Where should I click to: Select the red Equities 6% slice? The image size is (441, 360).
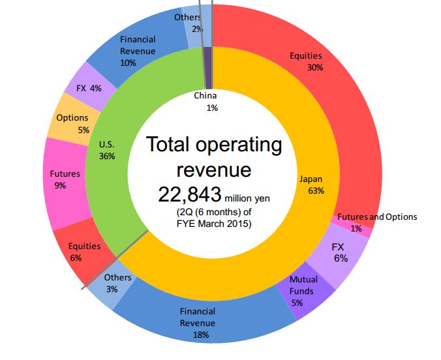[78, 251]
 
